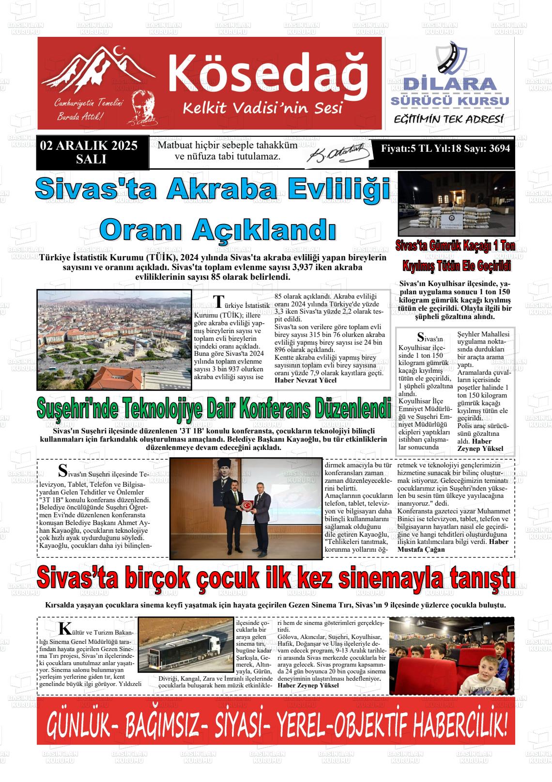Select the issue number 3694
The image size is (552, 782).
(499, 148)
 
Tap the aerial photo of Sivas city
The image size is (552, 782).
(114, 339)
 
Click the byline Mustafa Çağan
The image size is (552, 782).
(421, 549)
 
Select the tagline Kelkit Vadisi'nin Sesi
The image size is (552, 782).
(262, 108)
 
